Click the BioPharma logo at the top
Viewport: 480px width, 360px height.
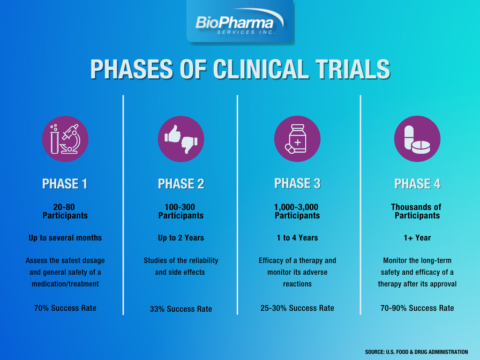tap(239, 21)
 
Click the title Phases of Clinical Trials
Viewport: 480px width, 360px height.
tap(240, 69)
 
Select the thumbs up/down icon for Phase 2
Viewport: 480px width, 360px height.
tap(181, 138)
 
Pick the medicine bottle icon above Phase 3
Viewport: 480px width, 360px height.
tap(297, 138)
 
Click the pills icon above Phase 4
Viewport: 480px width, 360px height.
tap(416, 138)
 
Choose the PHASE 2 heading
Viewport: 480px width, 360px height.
tap(181, 183)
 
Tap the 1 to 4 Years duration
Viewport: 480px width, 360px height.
tap(297, 238)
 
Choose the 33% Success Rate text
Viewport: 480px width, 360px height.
tap(181, 308)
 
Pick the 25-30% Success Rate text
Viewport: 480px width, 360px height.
tap(297, 308)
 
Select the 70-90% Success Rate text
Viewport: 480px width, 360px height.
tap(416, 308)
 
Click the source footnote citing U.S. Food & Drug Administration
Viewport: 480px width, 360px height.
tap(416, 351)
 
